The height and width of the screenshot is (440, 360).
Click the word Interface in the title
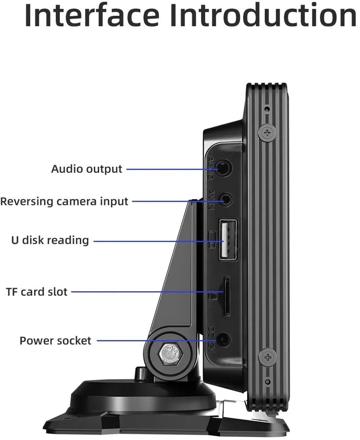pyautogui.click(x=92, y=15)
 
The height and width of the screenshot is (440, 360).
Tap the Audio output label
pyautogui.click(x=87, y=169)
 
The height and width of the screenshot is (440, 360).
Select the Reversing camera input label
pyautogui.click(x=64, y=201)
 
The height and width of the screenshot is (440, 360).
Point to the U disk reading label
pyautogui.click(x=50, y=240)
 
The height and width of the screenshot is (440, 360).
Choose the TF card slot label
pyautogui.click(x=37, y=292)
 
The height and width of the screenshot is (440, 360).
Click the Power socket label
pyautogui.click(x=55, y=341)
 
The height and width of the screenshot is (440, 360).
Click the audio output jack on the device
pyautogui.click(x=223, y=169)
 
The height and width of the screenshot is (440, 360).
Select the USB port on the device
pyautogui.click(x=228, y=240)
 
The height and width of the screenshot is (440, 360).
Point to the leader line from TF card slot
pyautogui.click(x=147, y=292)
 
